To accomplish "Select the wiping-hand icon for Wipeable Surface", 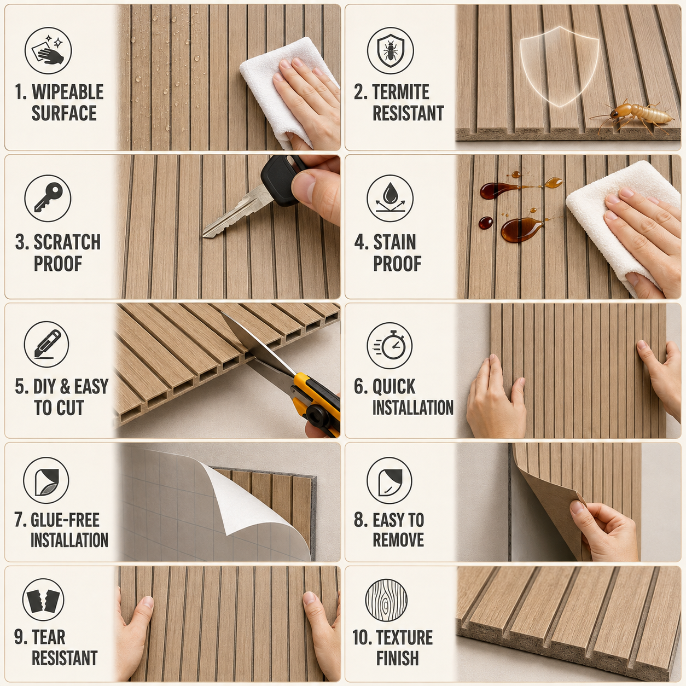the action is [x=48, y=50].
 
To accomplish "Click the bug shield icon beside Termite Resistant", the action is [x=390, y=50].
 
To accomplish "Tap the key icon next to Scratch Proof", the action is [x=48, y=198].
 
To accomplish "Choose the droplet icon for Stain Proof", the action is [x=390, y=198].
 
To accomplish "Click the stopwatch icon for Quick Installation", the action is [x=390, y=345].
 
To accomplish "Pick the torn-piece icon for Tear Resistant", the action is [x=43, y=601].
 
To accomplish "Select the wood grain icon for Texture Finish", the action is [x=386, y=601].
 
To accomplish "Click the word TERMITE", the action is [x=400, y=92].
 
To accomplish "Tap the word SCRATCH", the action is [x=67, y=242].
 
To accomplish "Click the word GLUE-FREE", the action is [x=65, y=520].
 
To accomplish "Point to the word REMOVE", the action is [x=398, y=540].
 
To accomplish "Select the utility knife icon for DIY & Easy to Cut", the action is [x=46, y=344].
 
